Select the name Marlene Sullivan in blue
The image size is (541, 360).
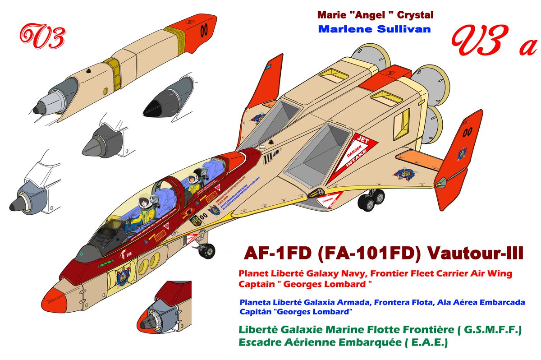pyautogui.click(x=374, y=29)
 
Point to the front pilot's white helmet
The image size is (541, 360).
pyautogui.click(x=146, y=203)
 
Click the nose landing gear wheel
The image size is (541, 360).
pyautogui.click(x=207, y=251)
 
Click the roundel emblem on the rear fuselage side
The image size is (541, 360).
pyautogui.click(x=403, y=173)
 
